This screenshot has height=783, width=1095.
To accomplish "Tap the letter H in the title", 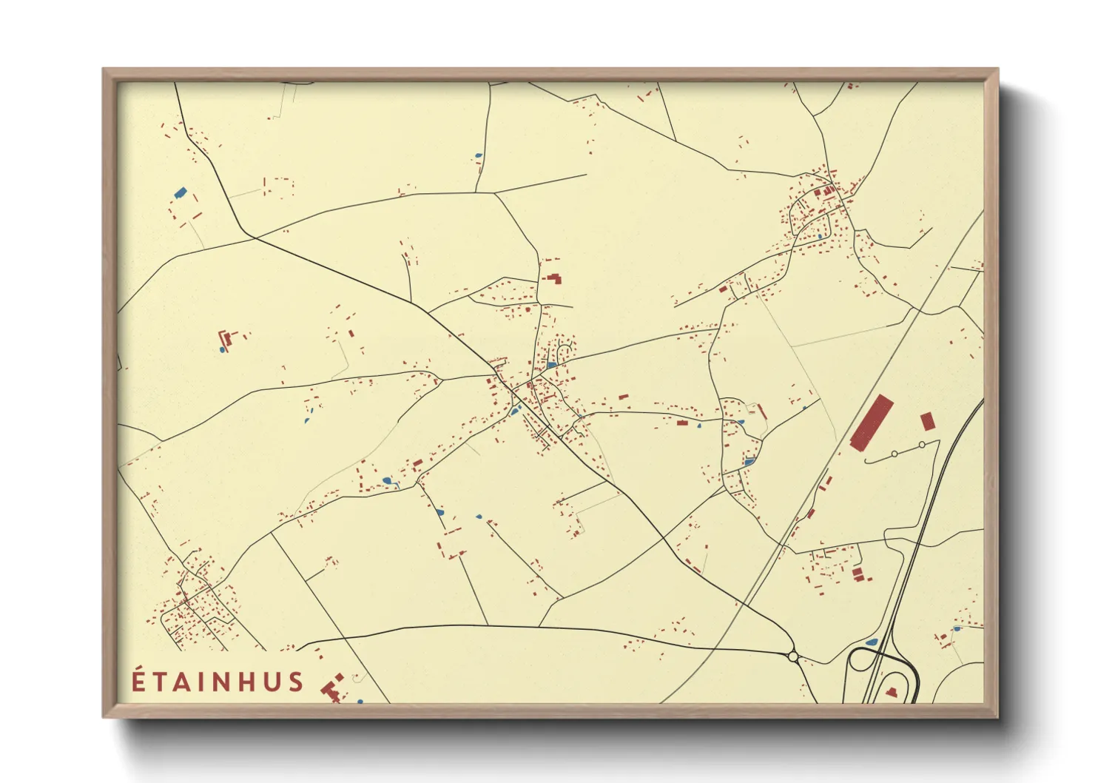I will (248, 682).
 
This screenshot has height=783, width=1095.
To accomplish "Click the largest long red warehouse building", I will (872, 423).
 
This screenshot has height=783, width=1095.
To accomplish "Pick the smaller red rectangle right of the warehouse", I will (927, 421).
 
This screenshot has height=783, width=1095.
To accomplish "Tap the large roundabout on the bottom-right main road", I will (793, 656).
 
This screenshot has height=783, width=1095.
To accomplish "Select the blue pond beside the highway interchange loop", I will (872, 642).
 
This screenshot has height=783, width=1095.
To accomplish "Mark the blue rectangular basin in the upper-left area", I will (180, 192).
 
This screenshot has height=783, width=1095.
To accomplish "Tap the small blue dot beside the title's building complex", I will (360, 701).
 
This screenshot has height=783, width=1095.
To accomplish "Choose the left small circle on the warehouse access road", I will (894, 453).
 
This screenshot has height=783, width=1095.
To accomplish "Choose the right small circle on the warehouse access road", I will (922, 445).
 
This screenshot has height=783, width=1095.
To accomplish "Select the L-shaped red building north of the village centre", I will (553, 278).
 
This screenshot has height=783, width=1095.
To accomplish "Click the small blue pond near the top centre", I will (478, 155).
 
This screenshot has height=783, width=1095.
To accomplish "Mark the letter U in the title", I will (272, 682).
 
